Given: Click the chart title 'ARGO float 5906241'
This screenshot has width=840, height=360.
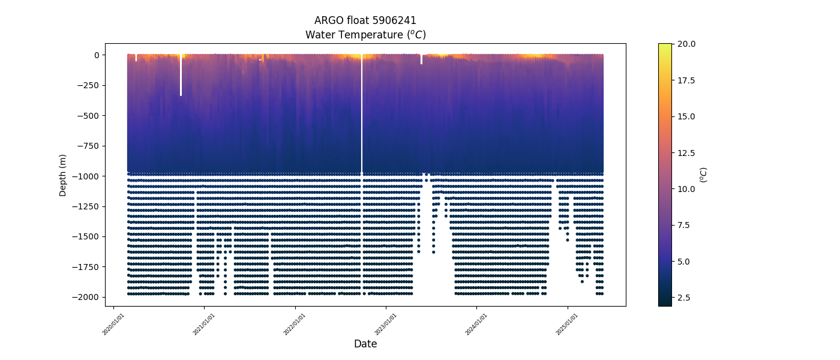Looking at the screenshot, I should pyautogui.click(x=365, y=20).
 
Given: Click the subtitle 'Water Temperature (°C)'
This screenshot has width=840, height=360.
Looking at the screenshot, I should pyautogui.click(x=365, y=35).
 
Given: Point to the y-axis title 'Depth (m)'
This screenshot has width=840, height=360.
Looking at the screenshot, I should pyautogui.click(x=62, y=175).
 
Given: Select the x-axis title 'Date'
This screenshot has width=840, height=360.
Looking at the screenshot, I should pyautogui.click(x=365, y=344).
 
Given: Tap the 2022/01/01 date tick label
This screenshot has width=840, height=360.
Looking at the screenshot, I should pyautogui.click(x=295, y=324).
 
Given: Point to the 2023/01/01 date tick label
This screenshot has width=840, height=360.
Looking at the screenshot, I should pyautogui.click(x=385, y=324).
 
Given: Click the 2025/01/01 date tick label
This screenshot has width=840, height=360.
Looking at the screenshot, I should pyautogui.click(x=567, y=324).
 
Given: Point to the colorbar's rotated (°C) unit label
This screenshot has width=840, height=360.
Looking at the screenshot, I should pyautogui.click(x=704, y=175).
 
